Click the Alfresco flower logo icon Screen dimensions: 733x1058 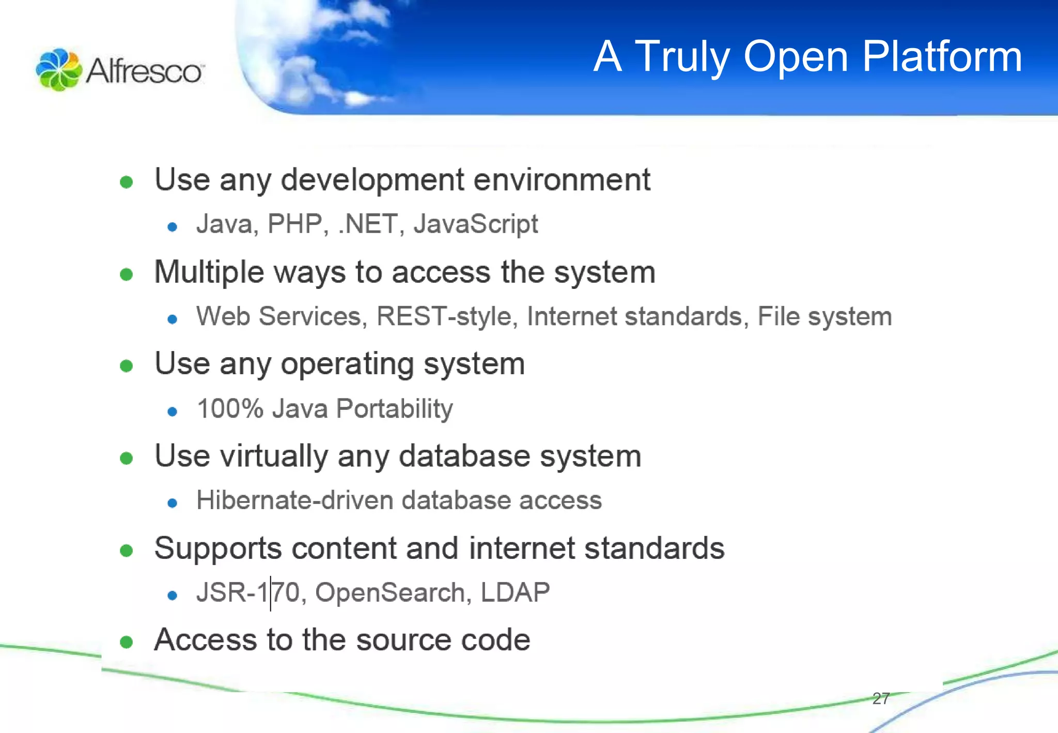coord(58,70)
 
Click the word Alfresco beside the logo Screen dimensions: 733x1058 coord(144,70)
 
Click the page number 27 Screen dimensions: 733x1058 coord(881,698)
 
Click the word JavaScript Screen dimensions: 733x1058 coord(475,224)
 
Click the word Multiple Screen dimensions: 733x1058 coord(209,272)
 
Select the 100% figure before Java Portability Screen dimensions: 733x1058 coord(230,409)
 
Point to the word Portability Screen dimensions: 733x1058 coord(395,409)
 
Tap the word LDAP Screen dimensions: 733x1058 coord(515,592)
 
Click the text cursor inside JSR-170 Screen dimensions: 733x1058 coord(270,593)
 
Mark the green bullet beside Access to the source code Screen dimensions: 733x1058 coord(127,642)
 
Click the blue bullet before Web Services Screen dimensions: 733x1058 coord(173,319)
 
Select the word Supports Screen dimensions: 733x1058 coord(217,549)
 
